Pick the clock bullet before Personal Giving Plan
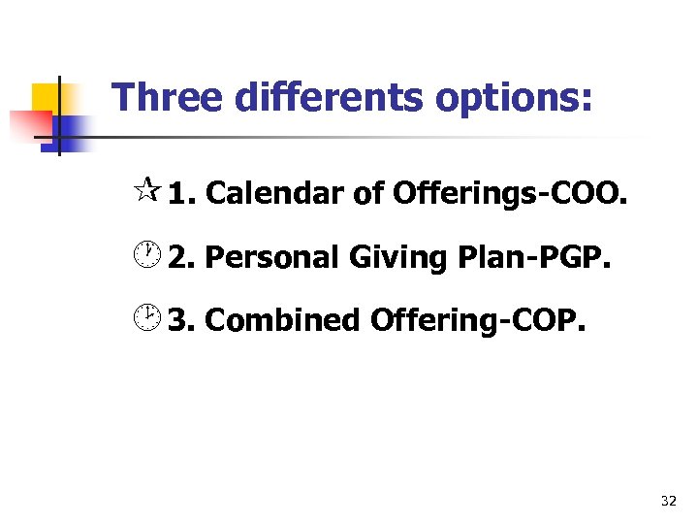pos(146,257)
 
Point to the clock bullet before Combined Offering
pos(146,319)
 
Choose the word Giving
pos(392,257)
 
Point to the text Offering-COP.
pos(478,320)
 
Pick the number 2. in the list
pos(182,257)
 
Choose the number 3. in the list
pos(182,320)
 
